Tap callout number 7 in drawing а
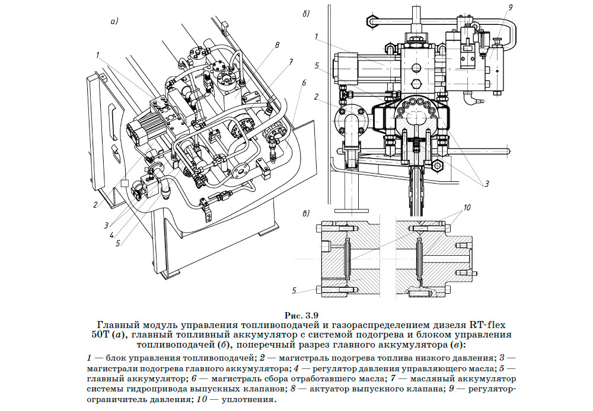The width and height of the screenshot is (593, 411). click(x=291, y=62)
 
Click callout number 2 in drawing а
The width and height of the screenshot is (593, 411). click(x=95, y=205)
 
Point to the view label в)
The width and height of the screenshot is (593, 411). click(x=307, y=213)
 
